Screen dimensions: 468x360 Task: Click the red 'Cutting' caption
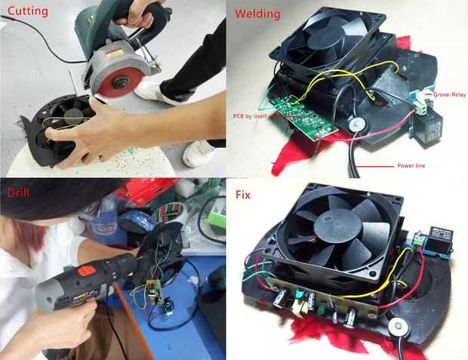pos(27,11)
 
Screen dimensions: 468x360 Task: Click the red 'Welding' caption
pos(257,14)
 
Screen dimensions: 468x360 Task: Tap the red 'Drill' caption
pos(18,193)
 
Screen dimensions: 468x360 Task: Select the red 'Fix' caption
pos(243,195)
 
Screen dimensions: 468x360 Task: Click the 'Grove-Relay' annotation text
pos(449,94)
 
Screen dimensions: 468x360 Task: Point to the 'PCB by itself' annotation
pos(250,116)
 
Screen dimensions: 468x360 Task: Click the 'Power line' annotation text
pos(411,166)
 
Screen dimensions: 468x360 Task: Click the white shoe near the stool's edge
pos(199,153)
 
